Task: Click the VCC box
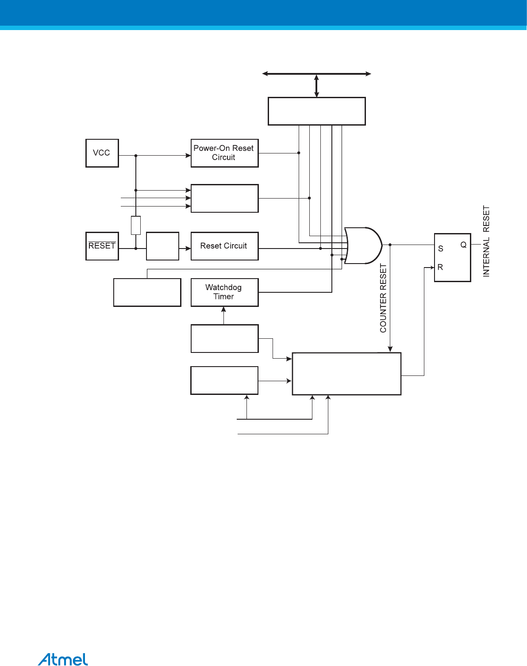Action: [102, 153]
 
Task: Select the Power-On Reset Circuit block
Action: [224, 153]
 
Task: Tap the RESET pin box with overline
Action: [102, 246]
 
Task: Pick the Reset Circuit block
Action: [224, 246]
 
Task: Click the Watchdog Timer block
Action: [224, 292]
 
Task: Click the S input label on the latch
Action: [440, 249]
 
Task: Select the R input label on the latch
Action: [440, 267]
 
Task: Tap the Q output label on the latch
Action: [463, 245]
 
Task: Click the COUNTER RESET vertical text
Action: [383, 298]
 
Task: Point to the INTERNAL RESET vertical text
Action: [486, 241]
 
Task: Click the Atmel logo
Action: [63, 659]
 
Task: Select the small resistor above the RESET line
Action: [136, 225]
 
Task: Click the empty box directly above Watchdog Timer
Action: [224, 198]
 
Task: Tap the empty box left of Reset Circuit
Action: [162, 246]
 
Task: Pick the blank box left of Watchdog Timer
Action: [147, 292]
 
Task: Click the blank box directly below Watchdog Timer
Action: [224, 338]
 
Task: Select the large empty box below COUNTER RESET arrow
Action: [346, 373]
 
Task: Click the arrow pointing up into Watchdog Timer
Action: [224, 310]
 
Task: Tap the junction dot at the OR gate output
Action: [390, 245]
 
